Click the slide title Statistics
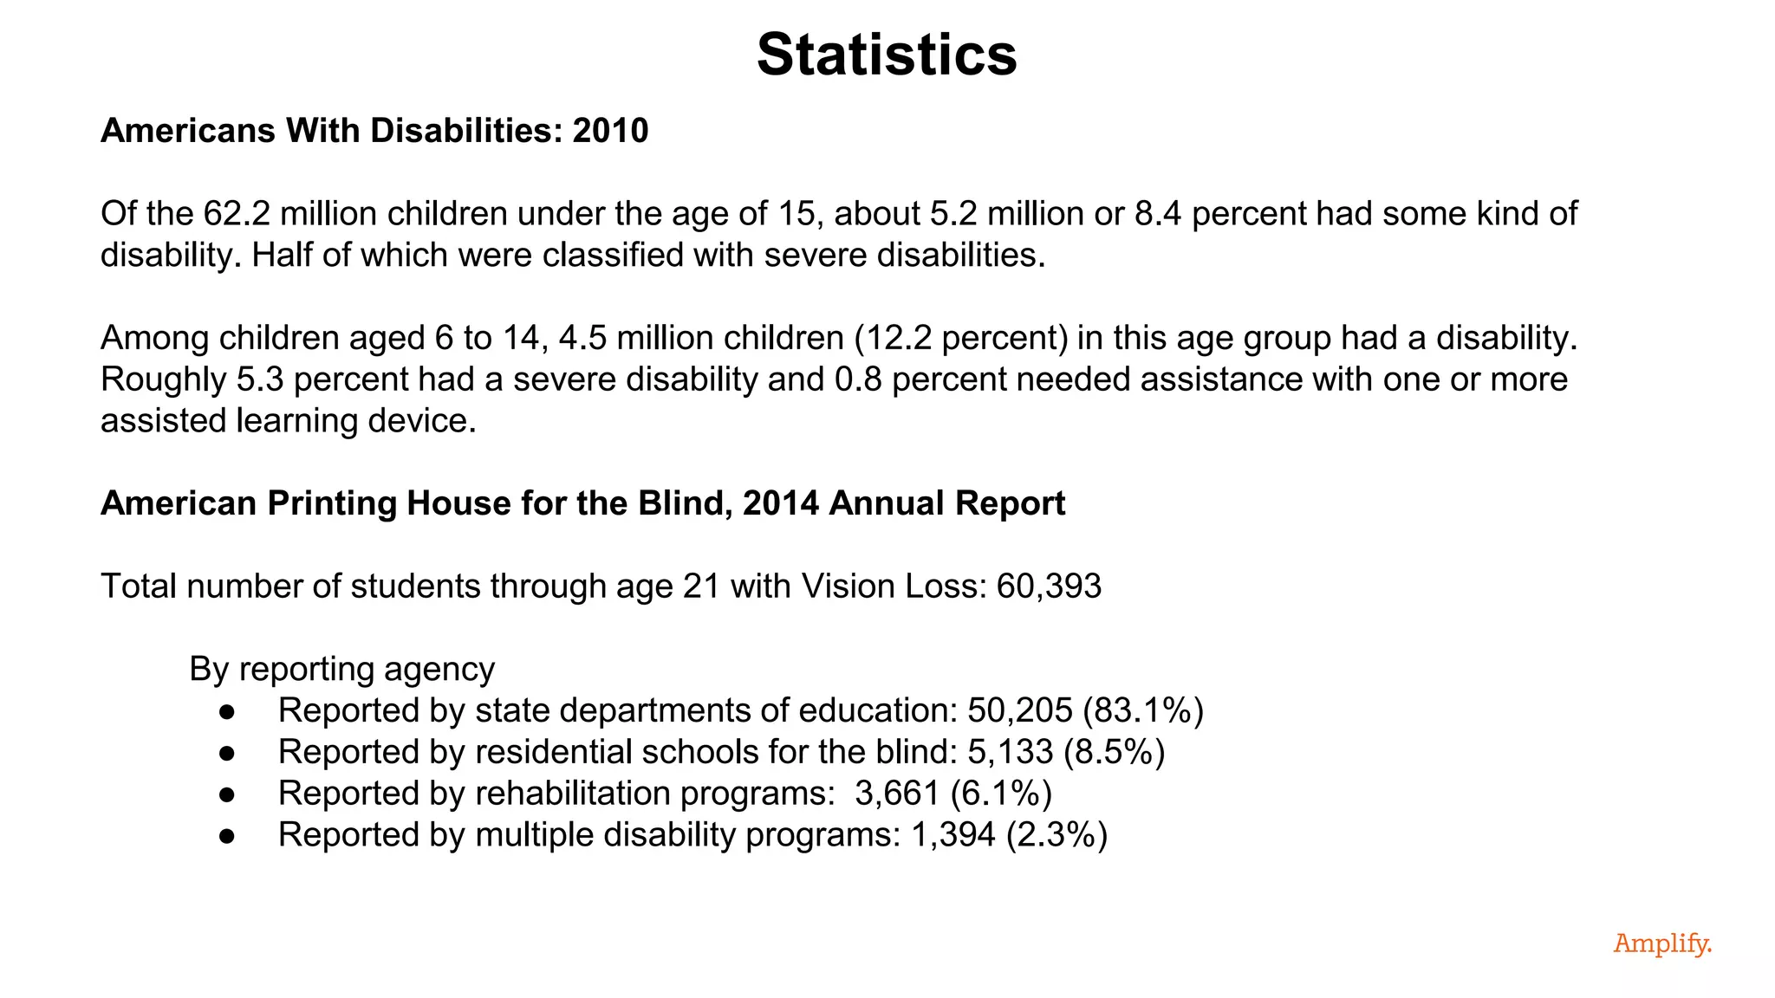click(887, 55)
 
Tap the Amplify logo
click(1661, 943)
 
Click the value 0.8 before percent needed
click(857, 379)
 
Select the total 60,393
click(1049, 586)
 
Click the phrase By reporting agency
click(341, 669)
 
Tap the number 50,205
click(1019, 710)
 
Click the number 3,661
click(897, 794)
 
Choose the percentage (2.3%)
click(1057, 835)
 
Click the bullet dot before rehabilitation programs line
click(227, 794)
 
